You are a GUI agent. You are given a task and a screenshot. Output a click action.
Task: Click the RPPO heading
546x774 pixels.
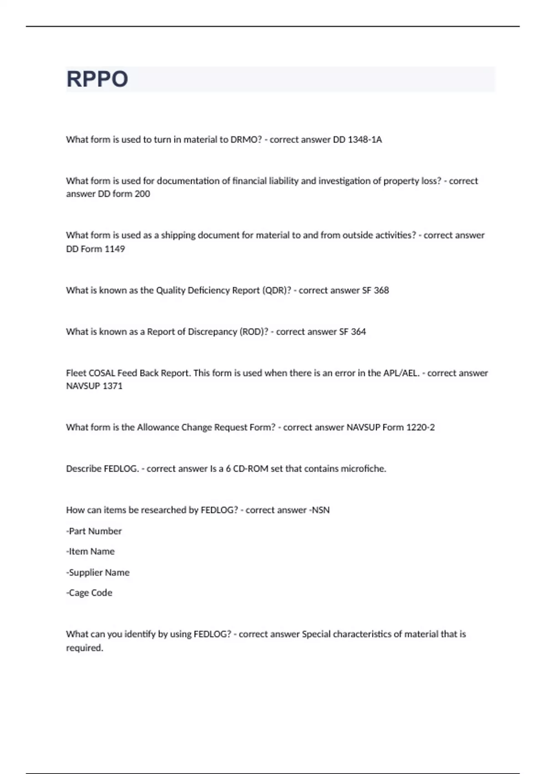pyautogui.click(x=97, y=79)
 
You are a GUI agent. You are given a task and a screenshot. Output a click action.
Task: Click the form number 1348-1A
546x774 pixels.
pyautogui.click(x=364, y=140)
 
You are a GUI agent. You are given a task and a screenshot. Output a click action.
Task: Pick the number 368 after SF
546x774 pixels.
pyautogui.click(x=381, y=290)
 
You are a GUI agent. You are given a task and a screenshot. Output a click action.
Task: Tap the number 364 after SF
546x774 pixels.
pyautogui.click(x=358, y=332)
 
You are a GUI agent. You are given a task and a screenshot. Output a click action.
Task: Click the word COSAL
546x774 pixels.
pyautogui.click(x=101, y=373)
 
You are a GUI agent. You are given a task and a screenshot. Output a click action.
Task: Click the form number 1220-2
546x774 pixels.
pyautogui.click(x=420, y=428)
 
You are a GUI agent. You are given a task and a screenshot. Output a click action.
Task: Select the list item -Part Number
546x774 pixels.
pyautogui.click(x=94, y=531)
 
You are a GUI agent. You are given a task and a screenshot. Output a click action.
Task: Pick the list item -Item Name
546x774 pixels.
pyautogui.click(x=90, y=551)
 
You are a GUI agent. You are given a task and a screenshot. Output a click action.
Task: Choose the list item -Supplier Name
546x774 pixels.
pyautogui.click(x=98, y=573)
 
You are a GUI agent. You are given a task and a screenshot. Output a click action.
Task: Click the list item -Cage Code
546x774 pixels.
pyautogui.click(x=89, y=593)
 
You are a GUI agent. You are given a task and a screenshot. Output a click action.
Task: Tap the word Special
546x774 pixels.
pyautogui.click(x=316, y=634)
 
